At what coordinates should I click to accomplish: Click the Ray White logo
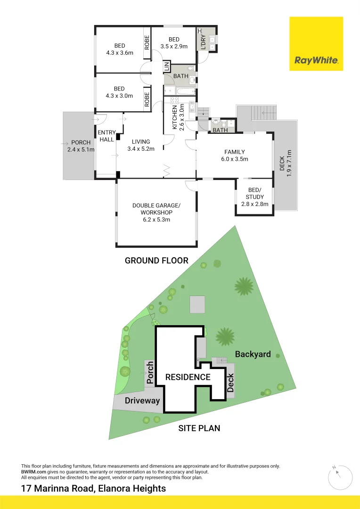316,44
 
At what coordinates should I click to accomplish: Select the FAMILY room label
234,155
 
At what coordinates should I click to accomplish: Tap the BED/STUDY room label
254,197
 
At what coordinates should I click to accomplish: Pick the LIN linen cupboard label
167,67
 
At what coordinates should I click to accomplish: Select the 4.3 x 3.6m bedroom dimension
119,53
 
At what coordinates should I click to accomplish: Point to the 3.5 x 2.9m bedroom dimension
174,46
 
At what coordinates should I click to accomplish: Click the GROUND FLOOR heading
156,260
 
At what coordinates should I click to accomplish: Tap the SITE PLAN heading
199,428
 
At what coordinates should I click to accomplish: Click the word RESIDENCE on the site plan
188,377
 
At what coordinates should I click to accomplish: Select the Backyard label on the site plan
253,354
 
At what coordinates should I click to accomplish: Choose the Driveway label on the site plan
142,401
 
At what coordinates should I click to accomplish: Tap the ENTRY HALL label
107,136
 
